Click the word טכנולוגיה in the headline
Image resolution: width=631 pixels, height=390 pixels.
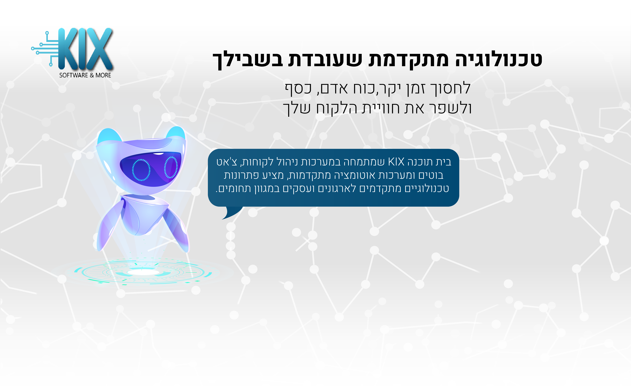tap(498, 59)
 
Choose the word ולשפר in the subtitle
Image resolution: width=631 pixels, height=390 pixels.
tap(451, 108)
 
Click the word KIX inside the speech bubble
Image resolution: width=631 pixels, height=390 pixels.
tap(396, 162)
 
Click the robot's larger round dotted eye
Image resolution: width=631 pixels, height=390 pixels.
tap(141, 170)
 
